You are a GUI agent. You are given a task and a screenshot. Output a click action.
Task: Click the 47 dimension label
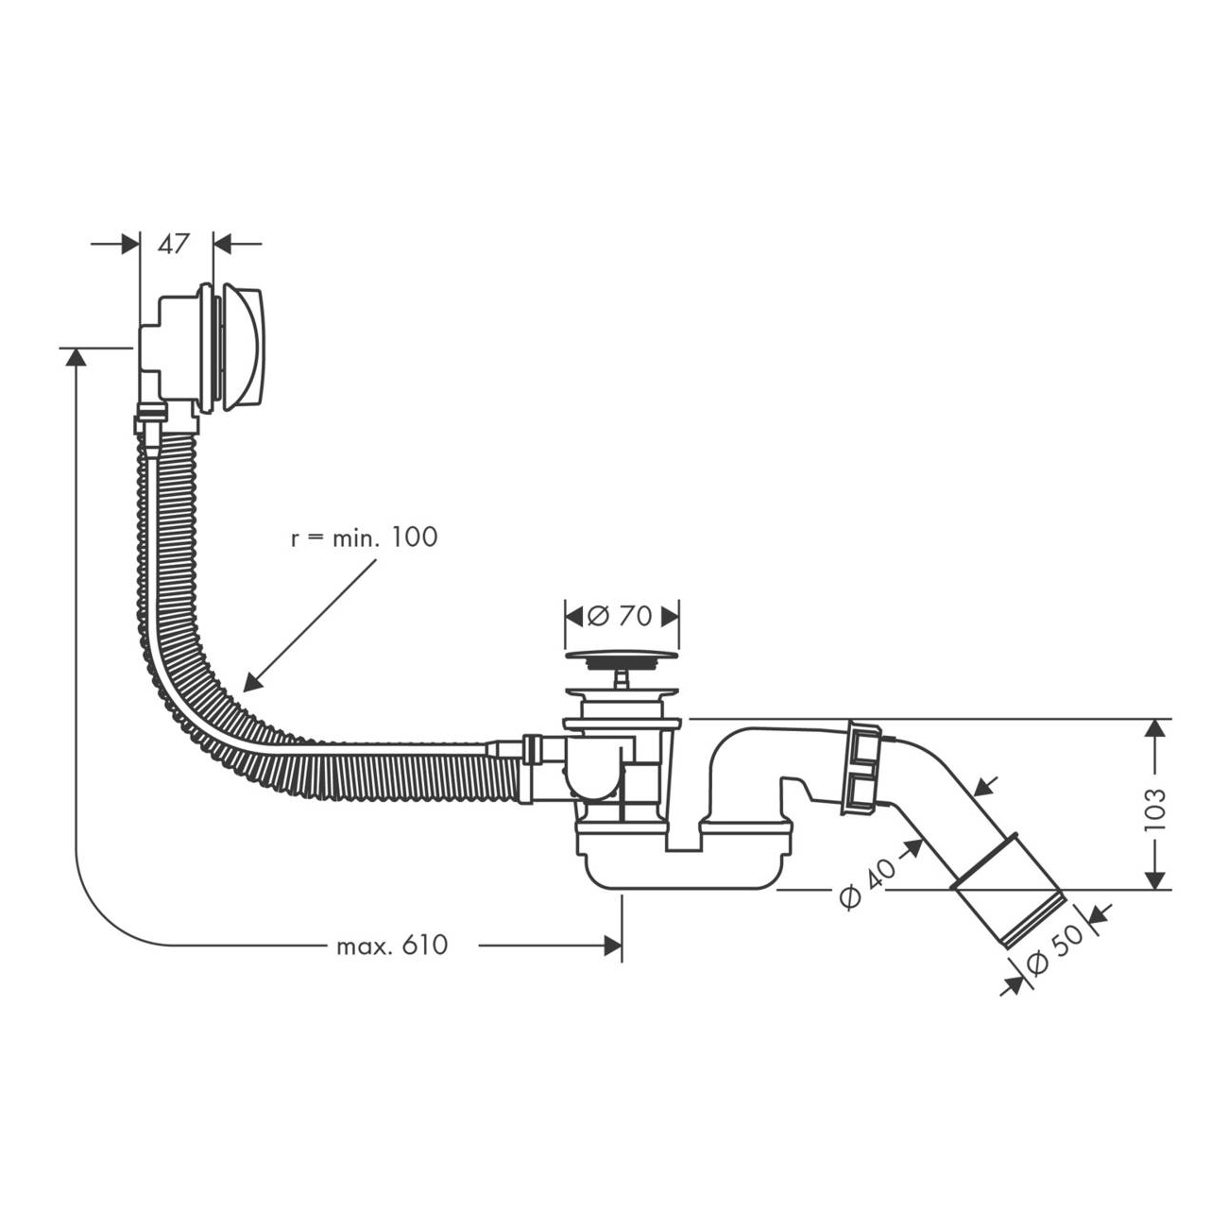click(x=174, y=244)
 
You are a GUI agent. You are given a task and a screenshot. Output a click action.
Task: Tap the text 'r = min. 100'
click(x=364, y=537)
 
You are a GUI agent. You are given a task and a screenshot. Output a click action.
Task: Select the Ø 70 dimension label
click(x=620, y=616)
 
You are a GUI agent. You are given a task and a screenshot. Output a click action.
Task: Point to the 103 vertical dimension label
click(x=1154, y=810)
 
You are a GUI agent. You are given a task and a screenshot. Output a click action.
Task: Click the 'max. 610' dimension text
click(x=392, y=945)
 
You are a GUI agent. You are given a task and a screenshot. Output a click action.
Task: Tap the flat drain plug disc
click(x=622, y=655)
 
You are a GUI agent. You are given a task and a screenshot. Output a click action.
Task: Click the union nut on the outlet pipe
click(x=862, y=766)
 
